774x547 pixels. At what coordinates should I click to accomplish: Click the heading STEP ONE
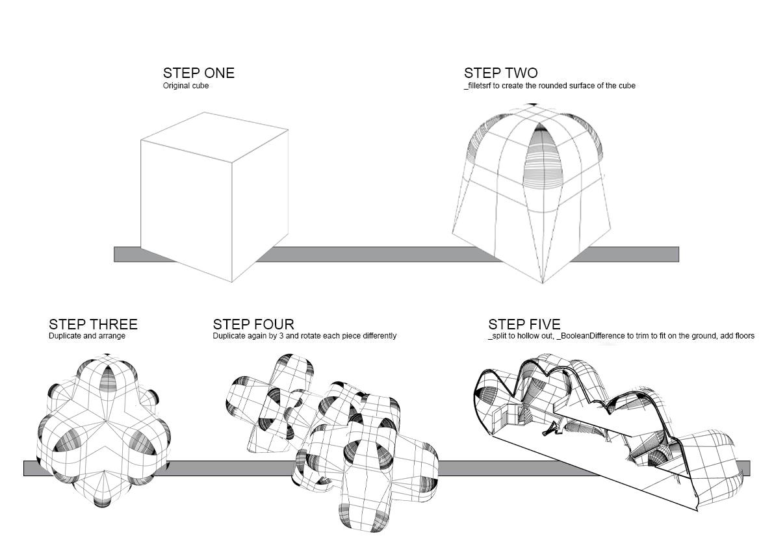pyautogui.click(x=198, y=73)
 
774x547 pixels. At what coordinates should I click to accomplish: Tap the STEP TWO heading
pyautogui.click(x=500, y=73)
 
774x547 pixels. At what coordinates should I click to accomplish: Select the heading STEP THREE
pyautogui.click(x=93, y=324)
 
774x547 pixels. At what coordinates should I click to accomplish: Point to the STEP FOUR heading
pyautogui.click(x=253, y=324)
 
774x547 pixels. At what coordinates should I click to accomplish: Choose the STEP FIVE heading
pyautogui.click(x=524, y=324)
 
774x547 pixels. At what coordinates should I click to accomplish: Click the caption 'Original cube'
pyautogui.click(x=186, y=86)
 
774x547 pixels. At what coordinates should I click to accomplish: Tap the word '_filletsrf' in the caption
pyautogui.click(x=480, y=86)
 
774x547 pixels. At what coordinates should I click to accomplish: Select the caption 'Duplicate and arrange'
pyautogui.click(x=87, y=336)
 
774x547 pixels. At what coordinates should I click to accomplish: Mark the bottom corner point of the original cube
pyautogui.click(x=232, y=282)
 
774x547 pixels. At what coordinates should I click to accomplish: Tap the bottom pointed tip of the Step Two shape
pyautogui.click(x=542, y=283)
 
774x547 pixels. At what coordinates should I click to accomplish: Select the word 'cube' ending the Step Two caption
pyautogui.click(x=627, y=86)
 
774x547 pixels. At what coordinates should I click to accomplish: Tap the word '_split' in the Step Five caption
pyautogui.click(x=497, y=336)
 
